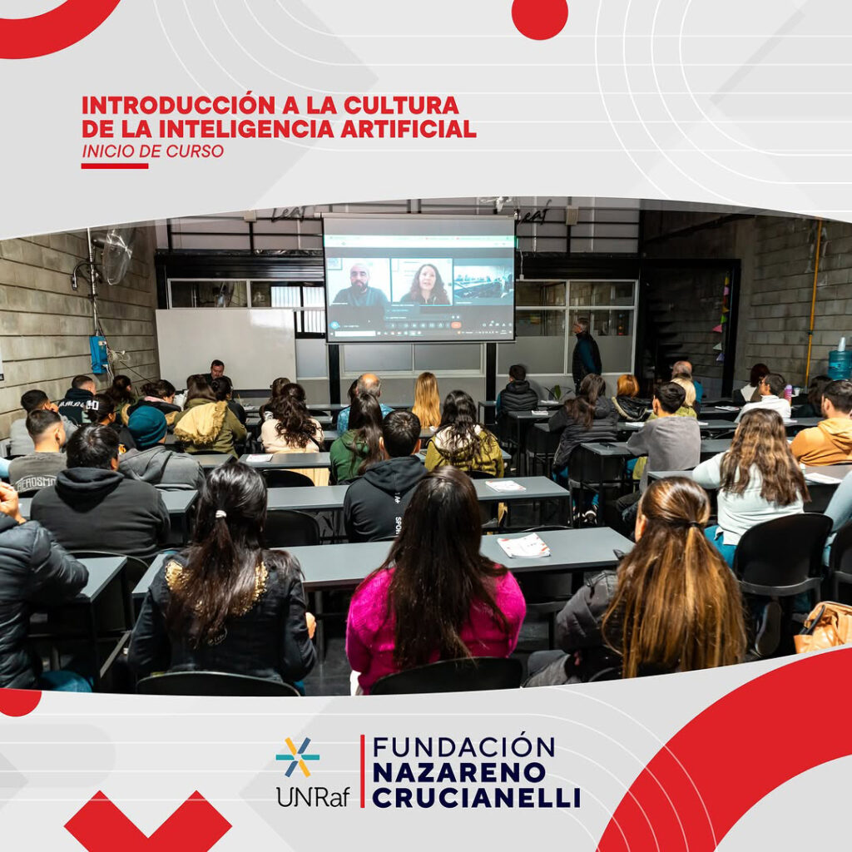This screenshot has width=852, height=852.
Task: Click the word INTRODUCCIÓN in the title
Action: click(x=179, y=105)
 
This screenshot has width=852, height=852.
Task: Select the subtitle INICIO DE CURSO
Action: click(x=153, y=151)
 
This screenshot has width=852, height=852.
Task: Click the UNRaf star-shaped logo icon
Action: click(x=297, y=756)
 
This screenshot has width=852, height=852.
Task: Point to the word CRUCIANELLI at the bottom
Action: click(x=476, y=798)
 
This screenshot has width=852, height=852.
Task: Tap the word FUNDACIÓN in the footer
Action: click(x=463, y=746)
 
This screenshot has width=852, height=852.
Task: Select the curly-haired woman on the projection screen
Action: click(x=425, y=285)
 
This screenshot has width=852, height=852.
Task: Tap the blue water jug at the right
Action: click(x=840, y=361)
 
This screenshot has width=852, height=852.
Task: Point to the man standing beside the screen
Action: click(x=585, y=350)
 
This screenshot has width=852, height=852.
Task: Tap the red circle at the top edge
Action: click(x=539, y=17)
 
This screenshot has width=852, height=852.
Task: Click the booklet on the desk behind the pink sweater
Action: click(x=523, y=546)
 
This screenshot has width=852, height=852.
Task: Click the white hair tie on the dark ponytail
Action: click(x=220, y=514)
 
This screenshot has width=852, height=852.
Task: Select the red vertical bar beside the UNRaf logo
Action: click(x=363, y=771)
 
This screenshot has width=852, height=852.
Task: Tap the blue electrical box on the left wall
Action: click(x=99, y=354)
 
